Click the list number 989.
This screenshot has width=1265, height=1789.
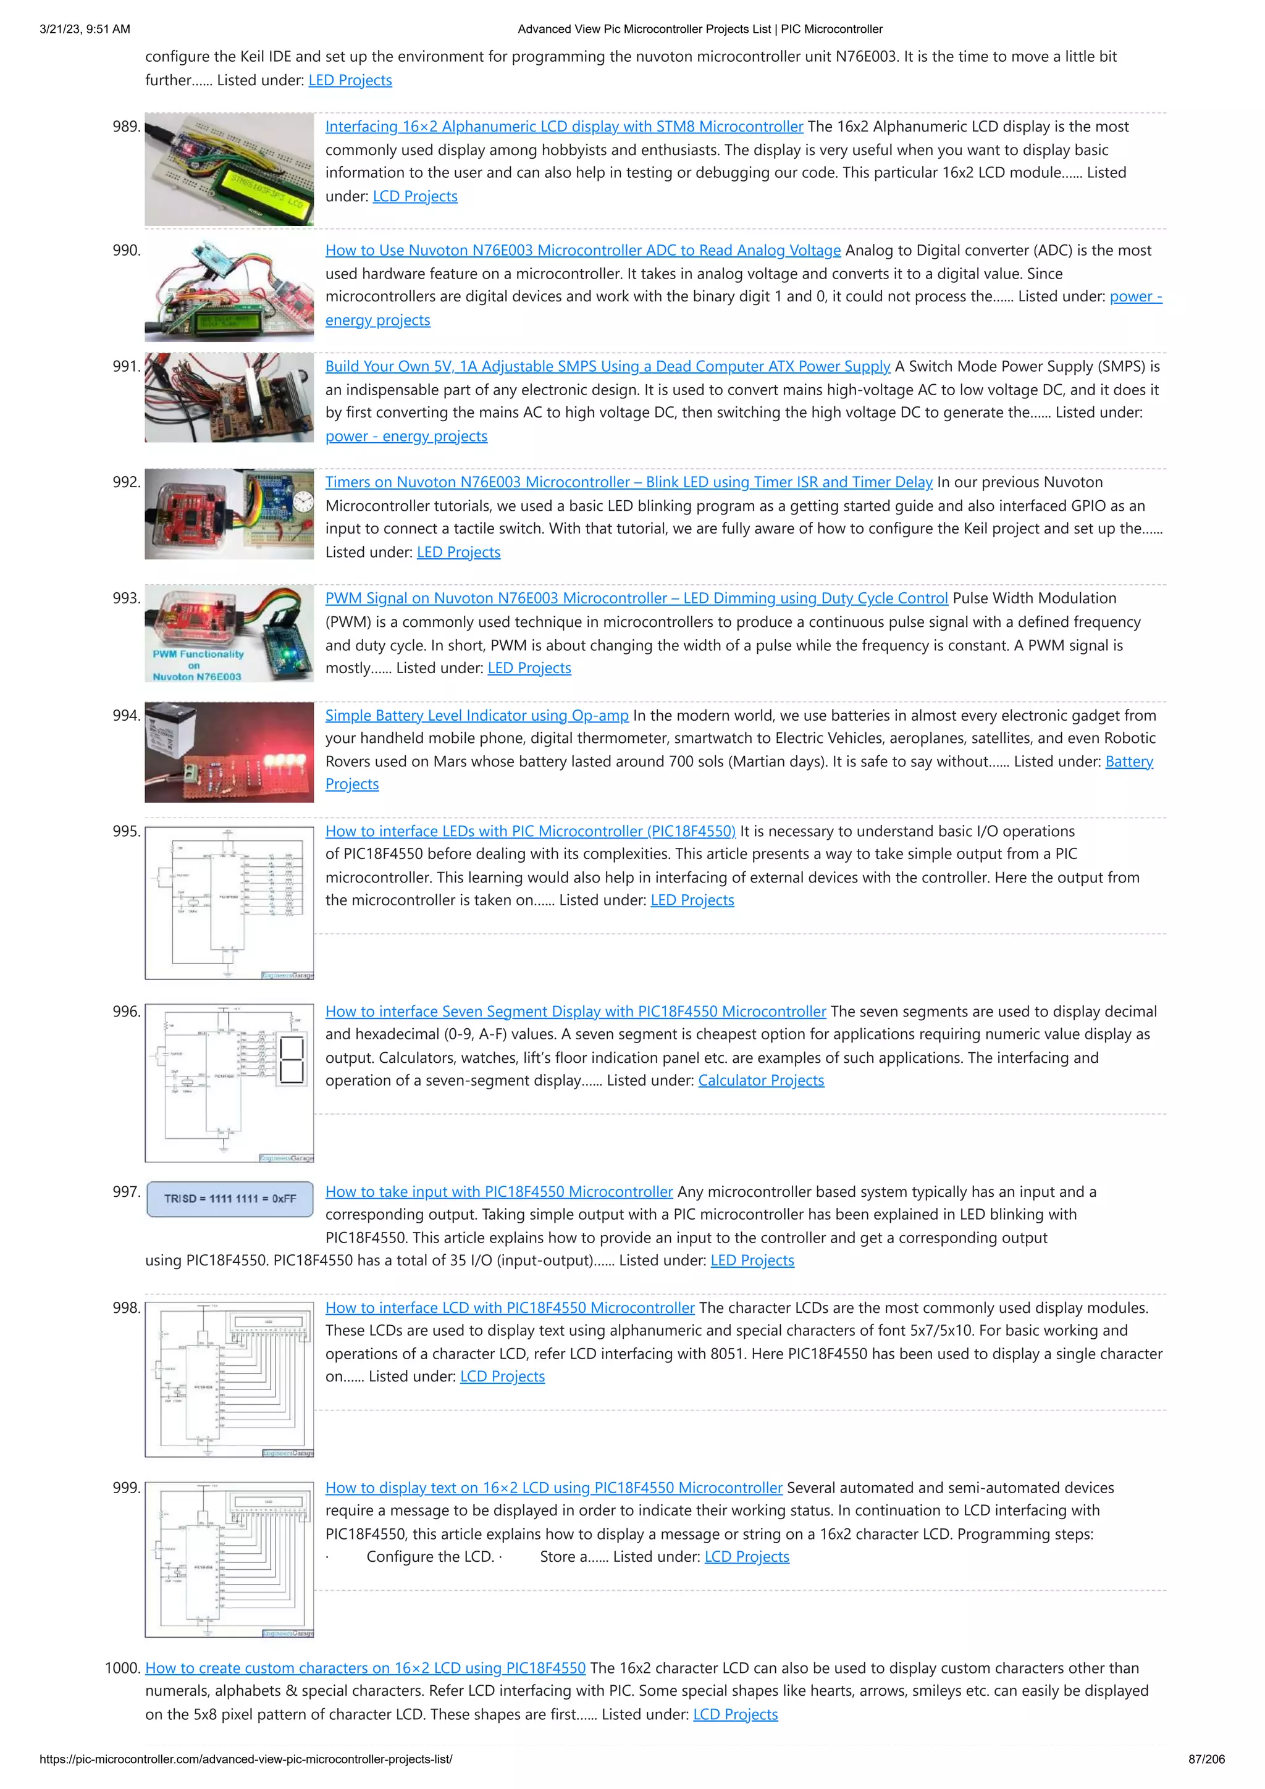pyautogui.click(x=125, y=126)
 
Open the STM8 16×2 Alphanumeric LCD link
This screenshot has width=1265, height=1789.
pyautogui.click(x=563, y=126)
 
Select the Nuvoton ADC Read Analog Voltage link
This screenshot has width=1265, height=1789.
pyautogui.click(x=582, y=250)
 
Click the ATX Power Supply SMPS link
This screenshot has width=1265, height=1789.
pyautogui.click(x=607, y=366)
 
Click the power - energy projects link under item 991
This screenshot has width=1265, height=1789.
pyautogui.click(x=406, y=437)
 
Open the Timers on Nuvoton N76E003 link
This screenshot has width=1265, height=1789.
pyautogui.click(x=628, y=482)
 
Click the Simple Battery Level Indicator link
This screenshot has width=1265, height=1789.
pyautogui.click(x=476, y=715)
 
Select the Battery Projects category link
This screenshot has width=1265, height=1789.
pyautogui.click(x=1128, y=762)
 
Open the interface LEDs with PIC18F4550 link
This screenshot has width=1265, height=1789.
pyautogui.click(x=530, y=831)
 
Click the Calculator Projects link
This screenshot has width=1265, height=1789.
pyautogui.click(x=761, y=1081)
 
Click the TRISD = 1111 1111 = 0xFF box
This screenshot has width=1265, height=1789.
pyautogui.click(x=230, y=1199)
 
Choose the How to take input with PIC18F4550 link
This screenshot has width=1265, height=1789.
pyautogui.click(x=499, y=1192)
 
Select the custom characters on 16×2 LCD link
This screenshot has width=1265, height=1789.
pyautogui.click(x=365, y=1668)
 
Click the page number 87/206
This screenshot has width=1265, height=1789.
pyautogui.click(x=1206, y=1759)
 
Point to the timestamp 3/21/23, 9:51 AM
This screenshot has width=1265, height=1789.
pyautogui.click(x=85, y=29)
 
